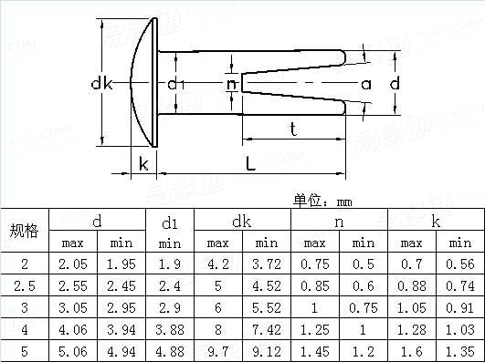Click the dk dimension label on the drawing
[x=101, y=84]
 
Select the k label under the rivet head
[x=143, y=164]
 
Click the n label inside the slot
[x=231, y=84]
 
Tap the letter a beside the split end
[x=365, y=84]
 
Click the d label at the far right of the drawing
[x=395, y=84]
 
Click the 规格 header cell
[x=24, y=231]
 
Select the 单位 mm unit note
[x=322, y=200]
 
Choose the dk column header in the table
[x=241, y=221]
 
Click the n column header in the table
[x=339, y=221]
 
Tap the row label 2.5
[x=24, y=285]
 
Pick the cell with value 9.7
[x=217, y=350]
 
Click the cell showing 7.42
[x=266, y=328]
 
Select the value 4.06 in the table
[x=73, y=328]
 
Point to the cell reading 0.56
[x=460, y=264]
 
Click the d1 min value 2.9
[x=170, y=307]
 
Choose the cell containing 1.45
[x=314, y=350]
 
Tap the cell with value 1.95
[x=121, y=264]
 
